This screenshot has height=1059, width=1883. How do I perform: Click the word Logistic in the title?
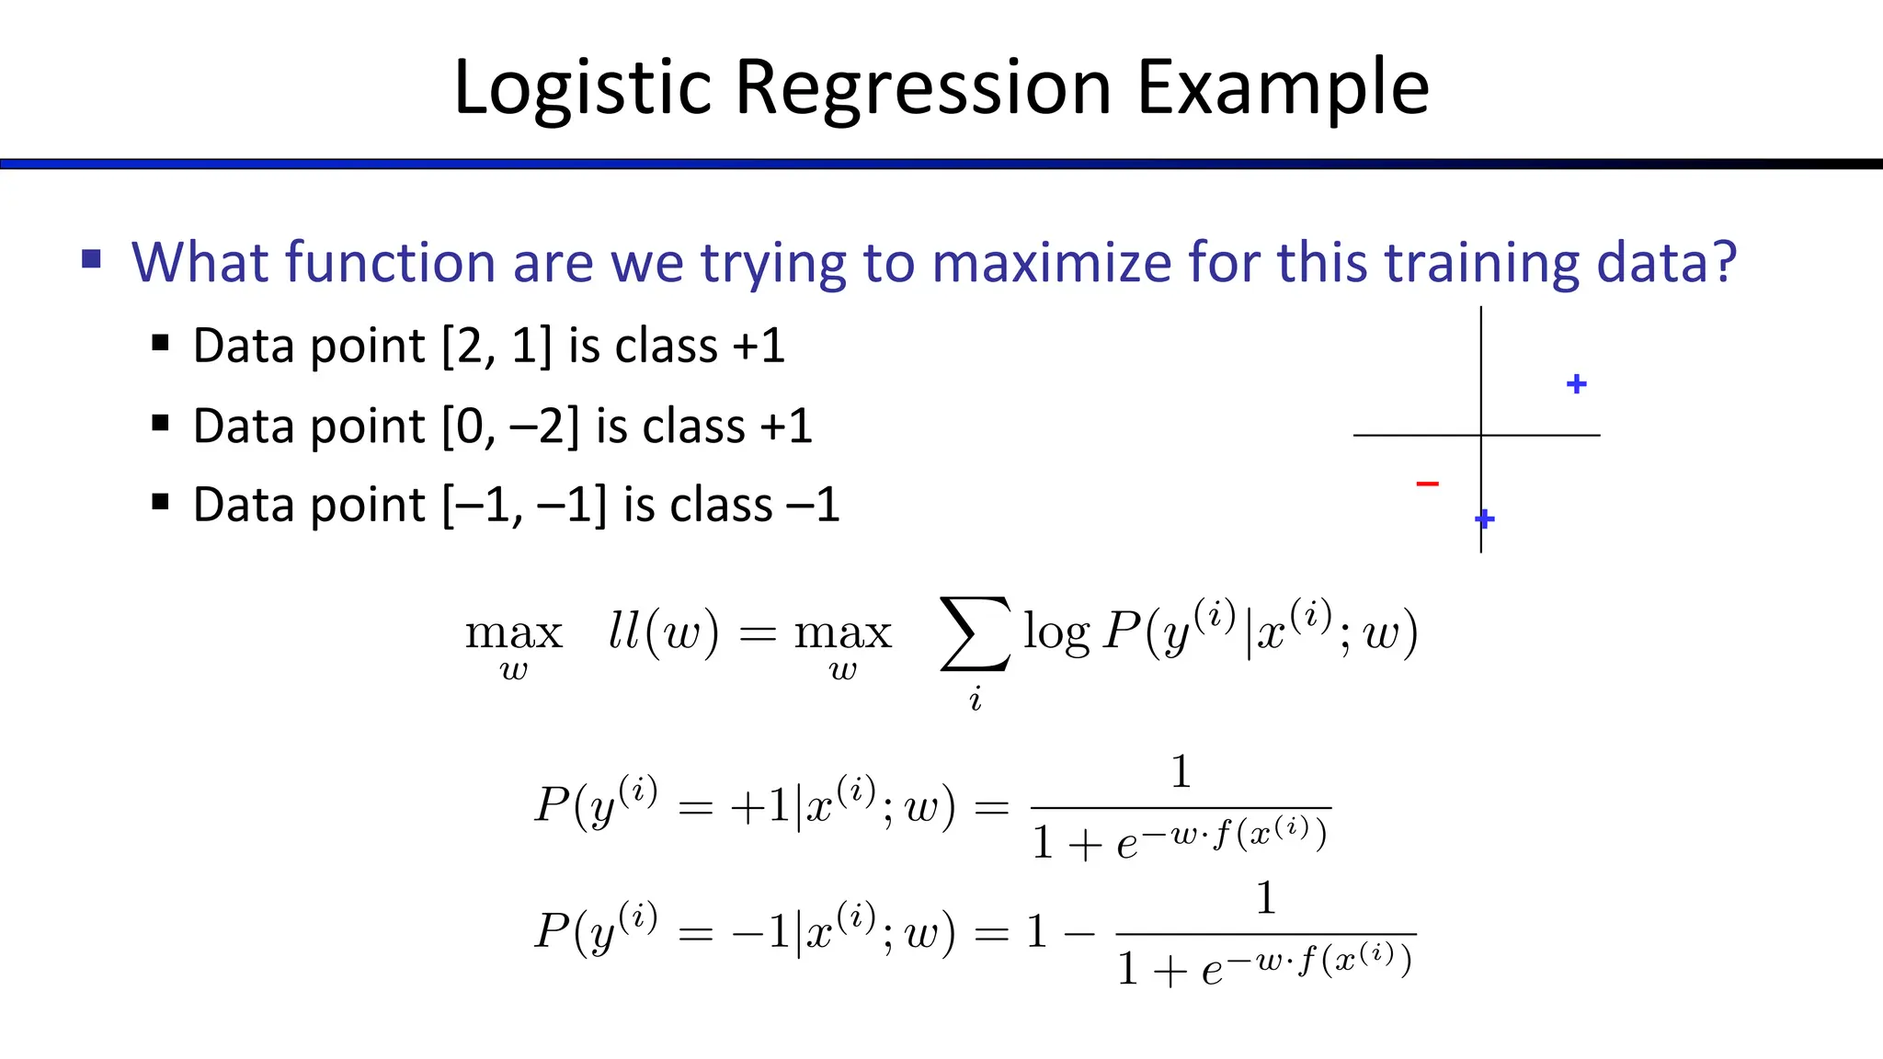pyautogui.click(x=583, y=88)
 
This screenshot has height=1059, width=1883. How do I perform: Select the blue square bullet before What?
pyautogui.click(x=91, y=258)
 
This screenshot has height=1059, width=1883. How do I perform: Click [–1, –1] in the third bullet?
pyautogui.click(x=524, y=506)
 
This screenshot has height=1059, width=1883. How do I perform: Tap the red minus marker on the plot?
pyautogui.click(x=1427, y=484)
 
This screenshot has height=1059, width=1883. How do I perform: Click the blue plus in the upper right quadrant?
pyautogui.click(x=1576, y=384)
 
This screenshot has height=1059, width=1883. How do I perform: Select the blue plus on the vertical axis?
pyautogui.click(x=1484, y=519)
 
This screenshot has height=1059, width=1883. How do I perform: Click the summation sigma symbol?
pyautogui.click(x=975, y=634)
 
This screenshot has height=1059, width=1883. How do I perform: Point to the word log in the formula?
pyautogui.click(x=1056, y=633)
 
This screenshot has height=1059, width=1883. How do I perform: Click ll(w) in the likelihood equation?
pyautogui.click(x=663, y=632)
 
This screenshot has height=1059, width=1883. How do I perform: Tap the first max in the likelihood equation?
pyautogui.click(x=513, y=632)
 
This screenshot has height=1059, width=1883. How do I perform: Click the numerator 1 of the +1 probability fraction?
pyautogui.click(x=1181, y=771)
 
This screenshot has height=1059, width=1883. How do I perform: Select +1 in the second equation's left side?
pyautogui.click(x=759, y=807)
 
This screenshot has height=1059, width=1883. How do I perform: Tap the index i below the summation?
pyautogui.click(x=975, y=700)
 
